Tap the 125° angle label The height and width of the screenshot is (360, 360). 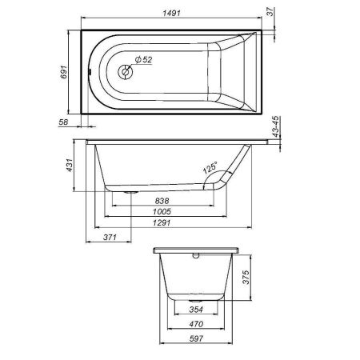click(x=210, y=169)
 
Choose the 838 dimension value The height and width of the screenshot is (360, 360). click(x=161, y=201)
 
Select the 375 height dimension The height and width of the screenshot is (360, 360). click(x=248, y=279)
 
